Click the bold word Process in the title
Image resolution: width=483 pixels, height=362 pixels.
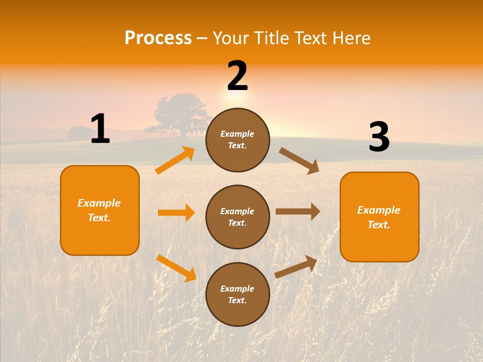(x=158, y=38)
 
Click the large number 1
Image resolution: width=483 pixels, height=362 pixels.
(x=100, y=129)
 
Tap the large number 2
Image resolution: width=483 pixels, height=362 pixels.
(x=237, y=76)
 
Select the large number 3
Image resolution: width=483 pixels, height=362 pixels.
(x=379, y=137)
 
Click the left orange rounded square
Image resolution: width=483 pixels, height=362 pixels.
(x=100, y=210)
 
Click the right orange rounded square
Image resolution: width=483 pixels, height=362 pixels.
(x=379, y=217)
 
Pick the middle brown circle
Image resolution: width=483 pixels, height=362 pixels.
(x=237, y=217)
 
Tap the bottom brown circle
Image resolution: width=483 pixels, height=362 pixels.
(x=237, y=294)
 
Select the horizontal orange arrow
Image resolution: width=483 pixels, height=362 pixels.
(x=176, y=213)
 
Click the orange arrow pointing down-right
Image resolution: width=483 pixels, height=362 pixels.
(x=176, y=268)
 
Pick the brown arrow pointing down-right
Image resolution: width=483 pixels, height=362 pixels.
(x=299, y=161)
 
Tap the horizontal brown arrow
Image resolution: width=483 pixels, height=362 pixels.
(x=298, y=211)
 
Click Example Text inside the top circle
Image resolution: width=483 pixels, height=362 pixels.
(x=237, y=140)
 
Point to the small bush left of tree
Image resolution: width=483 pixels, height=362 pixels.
(x=78, y=133)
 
